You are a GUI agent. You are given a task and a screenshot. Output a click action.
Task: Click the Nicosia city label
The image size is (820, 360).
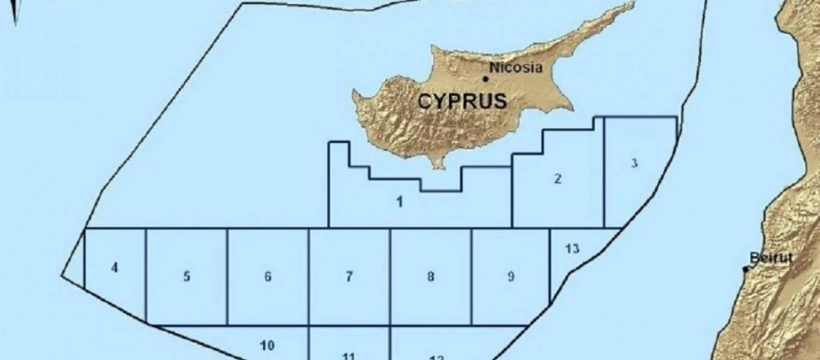point(516,67)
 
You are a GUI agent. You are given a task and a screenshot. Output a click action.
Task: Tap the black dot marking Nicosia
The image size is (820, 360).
point(486,78)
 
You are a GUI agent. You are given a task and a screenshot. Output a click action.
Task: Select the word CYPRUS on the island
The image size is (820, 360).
point(462,101)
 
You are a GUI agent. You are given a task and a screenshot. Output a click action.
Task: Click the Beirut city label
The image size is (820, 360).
point(771,258)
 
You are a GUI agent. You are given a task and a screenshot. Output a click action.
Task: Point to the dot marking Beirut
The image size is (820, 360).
point(746,269)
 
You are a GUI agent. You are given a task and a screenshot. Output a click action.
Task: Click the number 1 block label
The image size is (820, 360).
point(400,202)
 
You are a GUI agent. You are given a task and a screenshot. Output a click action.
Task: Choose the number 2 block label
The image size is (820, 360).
point(558,178)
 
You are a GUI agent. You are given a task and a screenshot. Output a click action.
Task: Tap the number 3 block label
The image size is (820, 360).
point(635,163)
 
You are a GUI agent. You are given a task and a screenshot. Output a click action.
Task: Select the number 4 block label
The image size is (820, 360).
point(115,268)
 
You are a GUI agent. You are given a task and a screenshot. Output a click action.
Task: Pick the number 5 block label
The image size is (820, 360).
point(187,277)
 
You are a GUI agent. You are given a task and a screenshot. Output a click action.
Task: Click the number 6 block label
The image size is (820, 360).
point(268,277)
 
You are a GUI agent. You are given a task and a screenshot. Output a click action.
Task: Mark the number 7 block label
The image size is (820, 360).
point(349,277)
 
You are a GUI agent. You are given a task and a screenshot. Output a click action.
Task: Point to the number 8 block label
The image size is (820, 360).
point(430,277)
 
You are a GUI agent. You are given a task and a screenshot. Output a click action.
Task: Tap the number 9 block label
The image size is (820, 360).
point(510,277)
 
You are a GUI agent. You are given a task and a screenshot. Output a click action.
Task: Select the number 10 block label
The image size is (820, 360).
point(268,345)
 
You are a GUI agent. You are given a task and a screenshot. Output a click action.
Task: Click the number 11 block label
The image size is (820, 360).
point(349,356)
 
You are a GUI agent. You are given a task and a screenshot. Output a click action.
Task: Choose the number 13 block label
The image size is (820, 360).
point(573,248)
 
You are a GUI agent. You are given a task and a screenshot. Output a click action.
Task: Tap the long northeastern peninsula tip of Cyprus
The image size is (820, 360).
point(632,5)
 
